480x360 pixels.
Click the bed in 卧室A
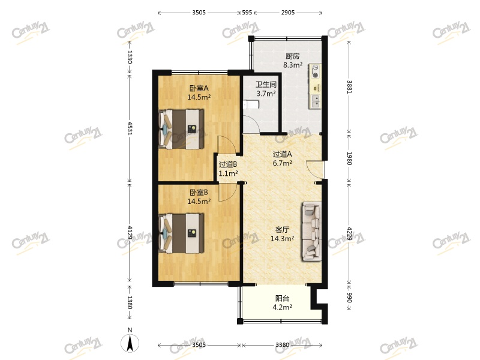181,128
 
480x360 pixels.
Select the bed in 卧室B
181,233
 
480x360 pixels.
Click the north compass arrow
129,343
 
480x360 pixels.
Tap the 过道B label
228,164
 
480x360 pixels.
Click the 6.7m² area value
282,162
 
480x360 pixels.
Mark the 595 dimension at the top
247,11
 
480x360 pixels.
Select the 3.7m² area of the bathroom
266,94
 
